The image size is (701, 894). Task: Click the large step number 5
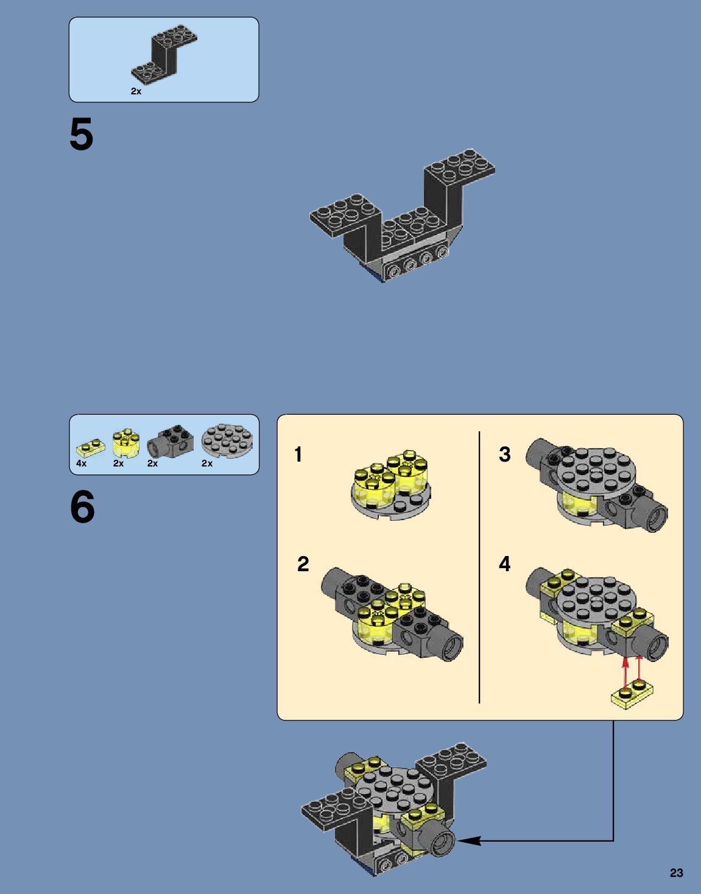(82, 134)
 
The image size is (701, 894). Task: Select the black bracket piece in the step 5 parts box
(164, 55)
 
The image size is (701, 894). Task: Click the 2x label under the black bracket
(136, 91)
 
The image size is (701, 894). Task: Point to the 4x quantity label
(81, 463)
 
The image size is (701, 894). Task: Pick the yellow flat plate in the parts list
(91, 448)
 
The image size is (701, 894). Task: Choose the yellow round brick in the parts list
(126, 443)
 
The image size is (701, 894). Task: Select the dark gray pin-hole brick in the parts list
(170, 442)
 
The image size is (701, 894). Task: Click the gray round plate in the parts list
(227, 442)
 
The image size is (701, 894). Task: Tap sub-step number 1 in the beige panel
(298, 454)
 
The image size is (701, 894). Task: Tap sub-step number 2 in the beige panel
(303, 564)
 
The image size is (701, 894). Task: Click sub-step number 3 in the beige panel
(505, 454)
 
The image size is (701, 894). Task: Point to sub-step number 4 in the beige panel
(505, 564)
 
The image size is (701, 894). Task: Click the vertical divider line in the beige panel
(479, 568)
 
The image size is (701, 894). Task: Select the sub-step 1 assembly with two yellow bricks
(391, 485)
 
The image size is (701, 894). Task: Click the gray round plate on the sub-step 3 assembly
(592, 473)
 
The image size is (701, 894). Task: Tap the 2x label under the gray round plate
(207, 463)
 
